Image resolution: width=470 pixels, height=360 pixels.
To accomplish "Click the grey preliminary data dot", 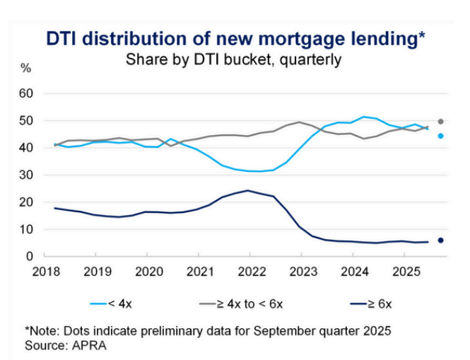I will point(441,122).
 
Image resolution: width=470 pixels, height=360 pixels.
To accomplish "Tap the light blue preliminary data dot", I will point(441,136).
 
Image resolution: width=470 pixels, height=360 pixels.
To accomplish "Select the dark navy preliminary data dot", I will point(441,240).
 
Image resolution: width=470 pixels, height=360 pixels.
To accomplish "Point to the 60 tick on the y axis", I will point(26,93).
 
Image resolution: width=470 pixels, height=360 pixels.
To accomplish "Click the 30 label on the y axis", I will point(26,175).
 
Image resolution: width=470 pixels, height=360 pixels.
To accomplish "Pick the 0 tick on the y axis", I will point(30,256).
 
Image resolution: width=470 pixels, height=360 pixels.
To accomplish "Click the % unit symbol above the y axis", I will point(26,69).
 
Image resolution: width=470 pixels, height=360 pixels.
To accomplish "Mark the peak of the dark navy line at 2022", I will point(247,190).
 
